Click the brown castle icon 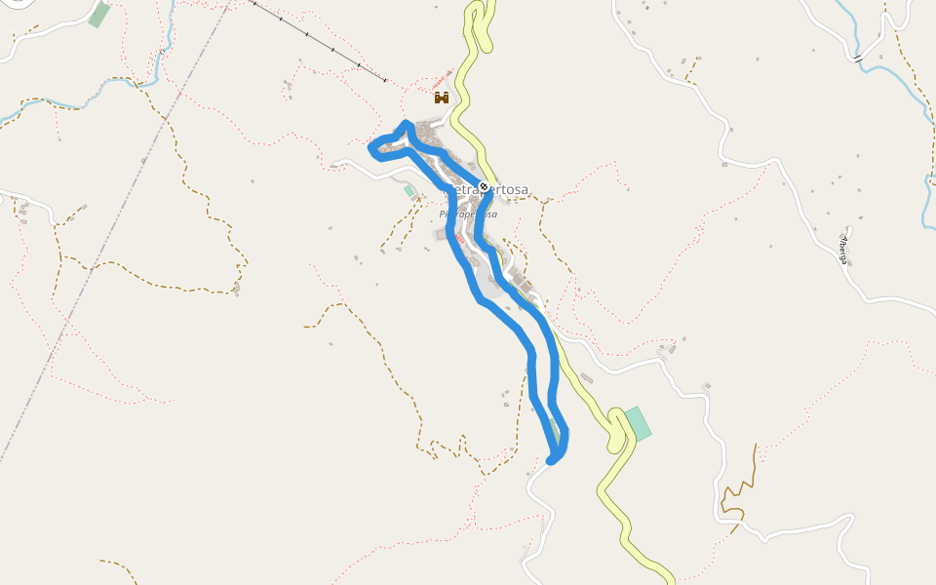tap(441, 97)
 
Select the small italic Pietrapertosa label tap(468, 214)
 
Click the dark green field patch tap(98, 15)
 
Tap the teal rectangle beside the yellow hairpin tap(638, 422)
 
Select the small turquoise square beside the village tap(409, 191)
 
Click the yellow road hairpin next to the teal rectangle tap(616, 429)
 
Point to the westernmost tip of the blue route tap(370, 148)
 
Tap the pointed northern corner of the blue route tap(406, 123)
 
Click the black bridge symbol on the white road tap(858, 59)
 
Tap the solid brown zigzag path tap(741, 487)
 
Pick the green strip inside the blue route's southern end tap(554, 429)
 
